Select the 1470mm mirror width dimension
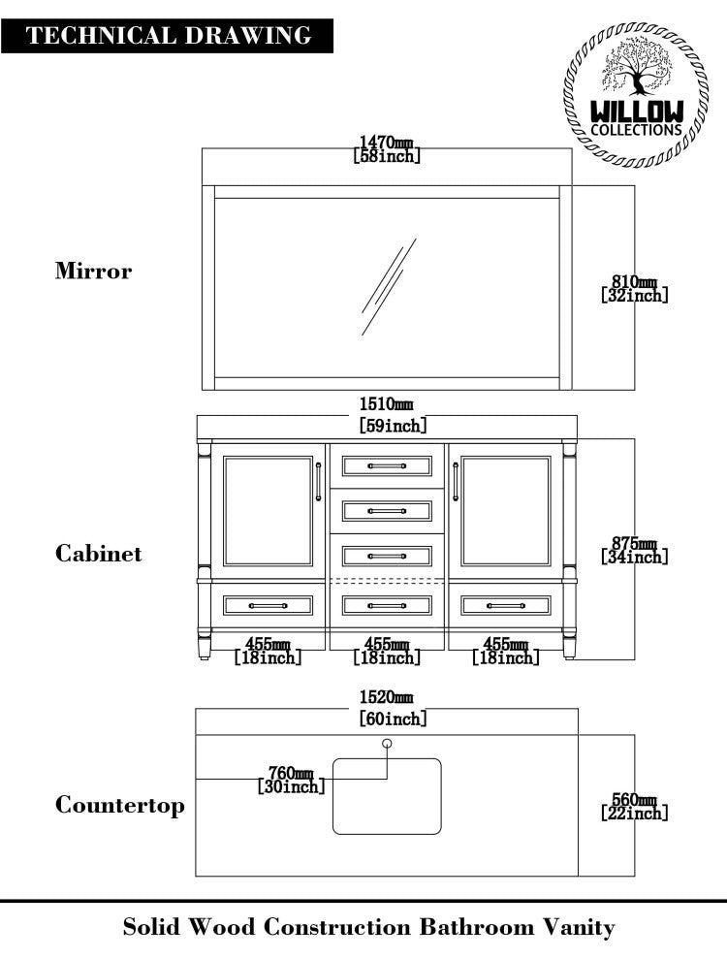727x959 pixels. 387,148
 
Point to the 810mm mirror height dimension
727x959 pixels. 635,288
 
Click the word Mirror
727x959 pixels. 93,271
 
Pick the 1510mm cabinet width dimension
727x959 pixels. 387,404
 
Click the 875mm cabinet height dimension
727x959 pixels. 635,550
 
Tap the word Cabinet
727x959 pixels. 98,554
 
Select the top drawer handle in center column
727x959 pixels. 387,466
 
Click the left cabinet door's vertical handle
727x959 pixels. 318,482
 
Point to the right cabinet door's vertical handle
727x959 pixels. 456,482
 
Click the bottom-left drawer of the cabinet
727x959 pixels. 269,606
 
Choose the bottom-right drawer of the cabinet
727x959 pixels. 505,606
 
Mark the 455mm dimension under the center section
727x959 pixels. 387,650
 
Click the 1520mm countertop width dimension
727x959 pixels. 387,697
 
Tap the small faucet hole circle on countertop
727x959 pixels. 388,744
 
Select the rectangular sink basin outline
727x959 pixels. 387,796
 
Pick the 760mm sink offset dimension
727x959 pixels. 291,780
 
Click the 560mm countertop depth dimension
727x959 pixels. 635,806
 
